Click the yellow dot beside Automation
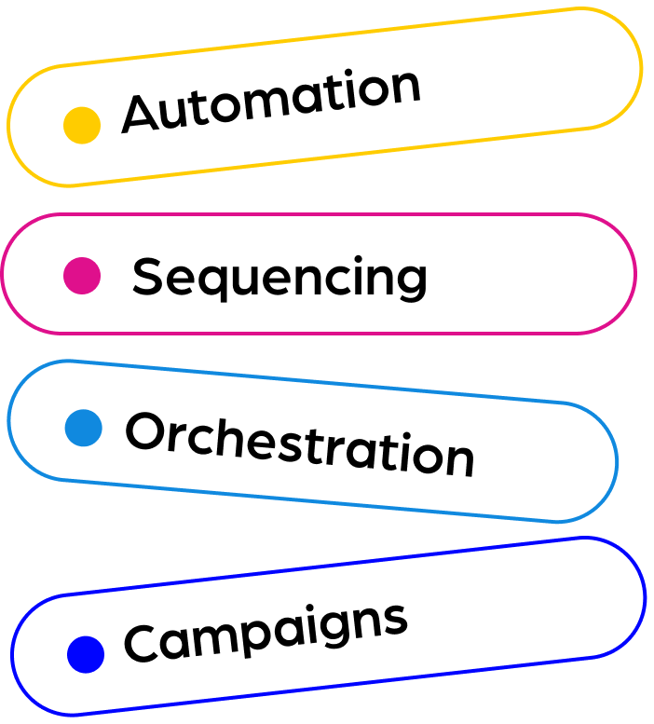(82, 125)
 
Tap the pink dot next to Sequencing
(82, 276)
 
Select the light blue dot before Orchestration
(84, 428)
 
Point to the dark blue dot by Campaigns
(86, 654)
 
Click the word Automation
(271, 100)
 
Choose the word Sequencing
(279, 278)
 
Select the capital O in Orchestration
(146, 431)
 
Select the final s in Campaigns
(396, 620)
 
